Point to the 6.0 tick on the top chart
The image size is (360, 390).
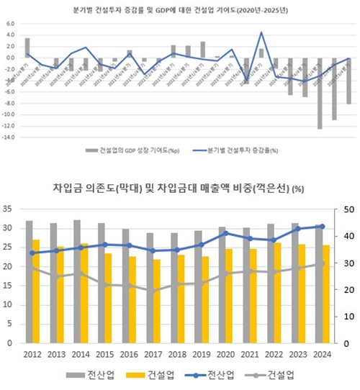tap(11, 23)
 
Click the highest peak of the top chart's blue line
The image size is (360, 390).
tap(261, 32)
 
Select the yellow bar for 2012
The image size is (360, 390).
tap(36, 291)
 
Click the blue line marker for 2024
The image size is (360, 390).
tap(321, 226)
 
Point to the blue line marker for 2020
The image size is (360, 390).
tap(225, 233)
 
